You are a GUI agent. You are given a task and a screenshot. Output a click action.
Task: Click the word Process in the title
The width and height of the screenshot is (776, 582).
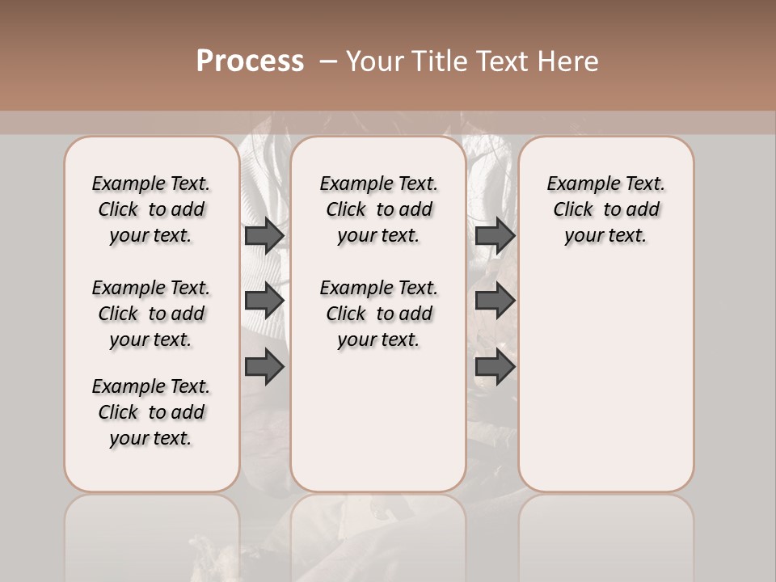[x=250, y=61]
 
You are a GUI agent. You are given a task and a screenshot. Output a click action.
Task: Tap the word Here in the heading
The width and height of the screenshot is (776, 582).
[x=569, y=61]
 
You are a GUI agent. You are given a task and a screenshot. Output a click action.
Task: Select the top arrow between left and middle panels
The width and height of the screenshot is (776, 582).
[x=264, y=235]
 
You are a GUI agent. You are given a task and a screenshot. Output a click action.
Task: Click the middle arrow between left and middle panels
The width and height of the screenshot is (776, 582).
[x=264, y=301]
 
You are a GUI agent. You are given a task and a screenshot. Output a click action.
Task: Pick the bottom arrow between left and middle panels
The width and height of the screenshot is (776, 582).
[x=264, y=367]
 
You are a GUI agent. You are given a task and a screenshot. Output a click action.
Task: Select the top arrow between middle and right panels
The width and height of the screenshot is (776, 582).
[x=495, y=235]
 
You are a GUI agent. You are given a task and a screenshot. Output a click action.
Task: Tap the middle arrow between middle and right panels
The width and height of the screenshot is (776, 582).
[x=495, y=301]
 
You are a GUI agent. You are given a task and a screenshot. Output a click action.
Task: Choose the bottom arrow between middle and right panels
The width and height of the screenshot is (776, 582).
[x=495, y=367]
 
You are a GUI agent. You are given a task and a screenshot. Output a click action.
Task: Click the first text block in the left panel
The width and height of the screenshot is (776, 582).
[x=151, y=209]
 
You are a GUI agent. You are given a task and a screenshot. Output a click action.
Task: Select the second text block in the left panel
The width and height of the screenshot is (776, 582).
[x=151, y=314]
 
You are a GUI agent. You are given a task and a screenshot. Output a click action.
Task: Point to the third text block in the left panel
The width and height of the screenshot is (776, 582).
[x=151, y=412]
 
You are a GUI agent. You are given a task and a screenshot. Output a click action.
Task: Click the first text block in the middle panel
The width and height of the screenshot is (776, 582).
[x=379, y=209]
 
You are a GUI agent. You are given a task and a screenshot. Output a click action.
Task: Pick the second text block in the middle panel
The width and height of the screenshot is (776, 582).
[x=379, y=314]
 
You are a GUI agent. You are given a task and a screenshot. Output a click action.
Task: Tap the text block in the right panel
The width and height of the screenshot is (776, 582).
[x=606, y=209]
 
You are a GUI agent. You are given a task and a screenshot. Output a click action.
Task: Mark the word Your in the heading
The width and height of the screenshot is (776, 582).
[x=374, y=61]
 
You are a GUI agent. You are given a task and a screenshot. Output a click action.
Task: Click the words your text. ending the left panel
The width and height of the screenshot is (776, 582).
[x=151, y=438]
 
